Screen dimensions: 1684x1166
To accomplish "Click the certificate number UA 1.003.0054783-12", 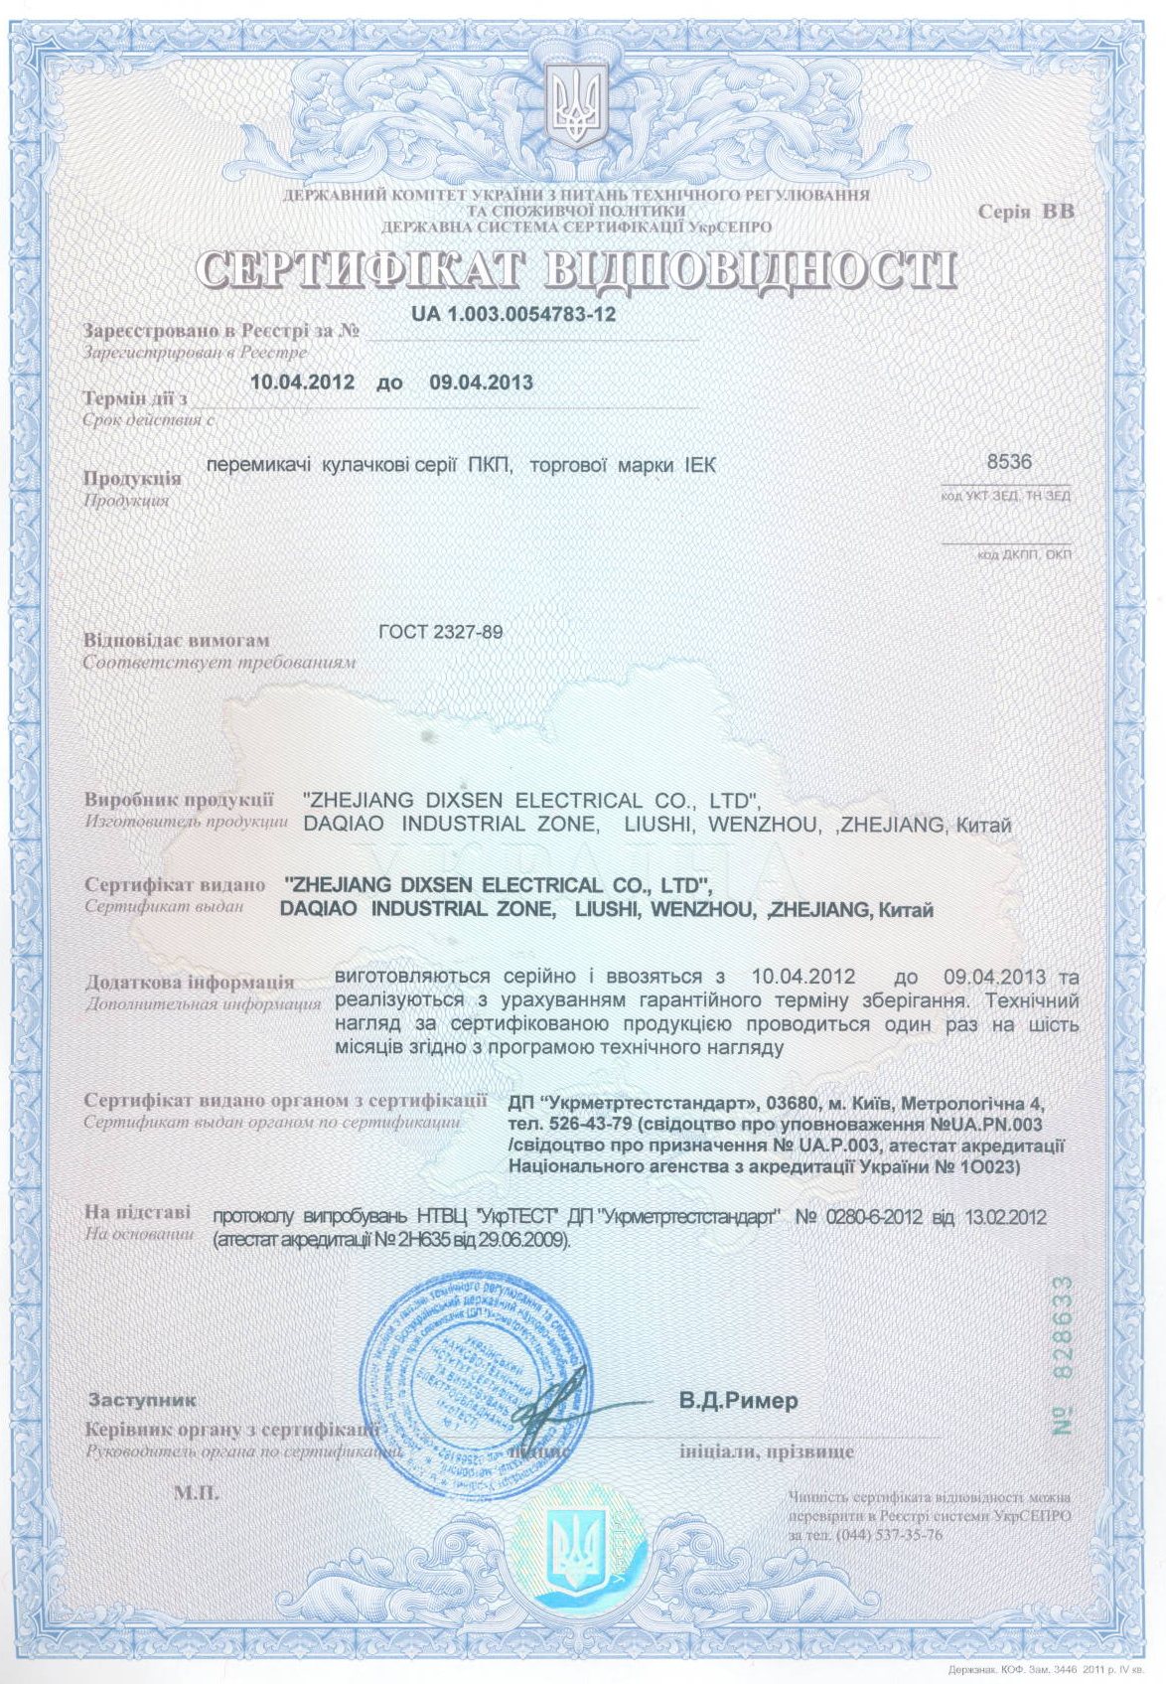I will point(513,315).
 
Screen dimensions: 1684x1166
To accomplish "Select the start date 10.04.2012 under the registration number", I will point(302,383).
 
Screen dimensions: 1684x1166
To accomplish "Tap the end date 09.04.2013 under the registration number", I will point(481,383).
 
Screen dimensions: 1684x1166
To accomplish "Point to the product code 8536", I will point(1009,462).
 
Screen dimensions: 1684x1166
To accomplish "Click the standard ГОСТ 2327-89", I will point(441,632).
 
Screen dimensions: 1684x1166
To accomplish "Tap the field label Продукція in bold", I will point(132,478).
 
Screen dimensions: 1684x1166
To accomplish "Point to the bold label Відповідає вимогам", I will point(177,641).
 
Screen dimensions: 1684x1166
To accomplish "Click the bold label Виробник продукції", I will point(179,800).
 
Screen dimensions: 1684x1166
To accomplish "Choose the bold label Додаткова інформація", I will point(189,982).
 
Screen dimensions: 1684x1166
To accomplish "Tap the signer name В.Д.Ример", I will point(738,1401).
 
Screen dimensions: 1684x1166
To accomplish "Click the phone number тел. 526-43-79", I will point(567,1125).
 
